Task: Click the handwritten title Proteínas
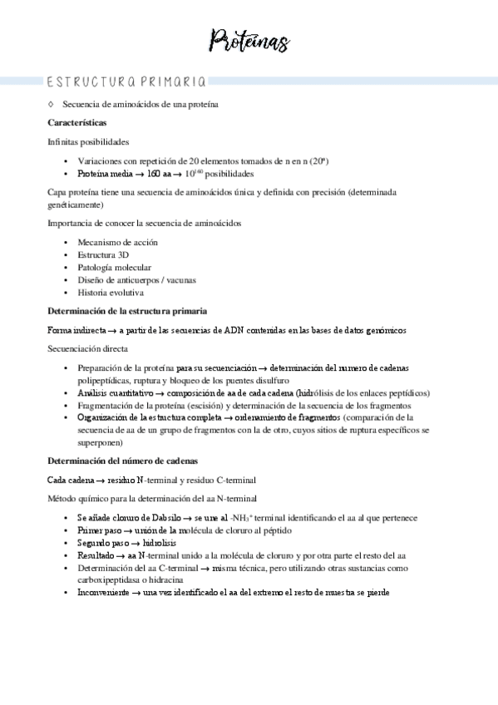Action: tap(249, 39)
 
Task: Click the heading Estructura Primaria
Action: tap(125, 81)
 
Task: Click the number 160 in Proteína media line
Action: tap(155, 174)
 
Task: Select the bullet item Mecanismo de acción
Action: tap(117, 242)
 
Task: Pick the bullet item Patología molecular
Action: tap(114, 267)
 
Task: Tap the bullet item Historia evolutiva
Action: tap(111, 293)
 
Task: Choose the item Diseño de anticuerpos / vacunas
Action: tap(136, 280)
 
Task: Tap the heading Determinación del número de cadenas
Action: tap(121, 460)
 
